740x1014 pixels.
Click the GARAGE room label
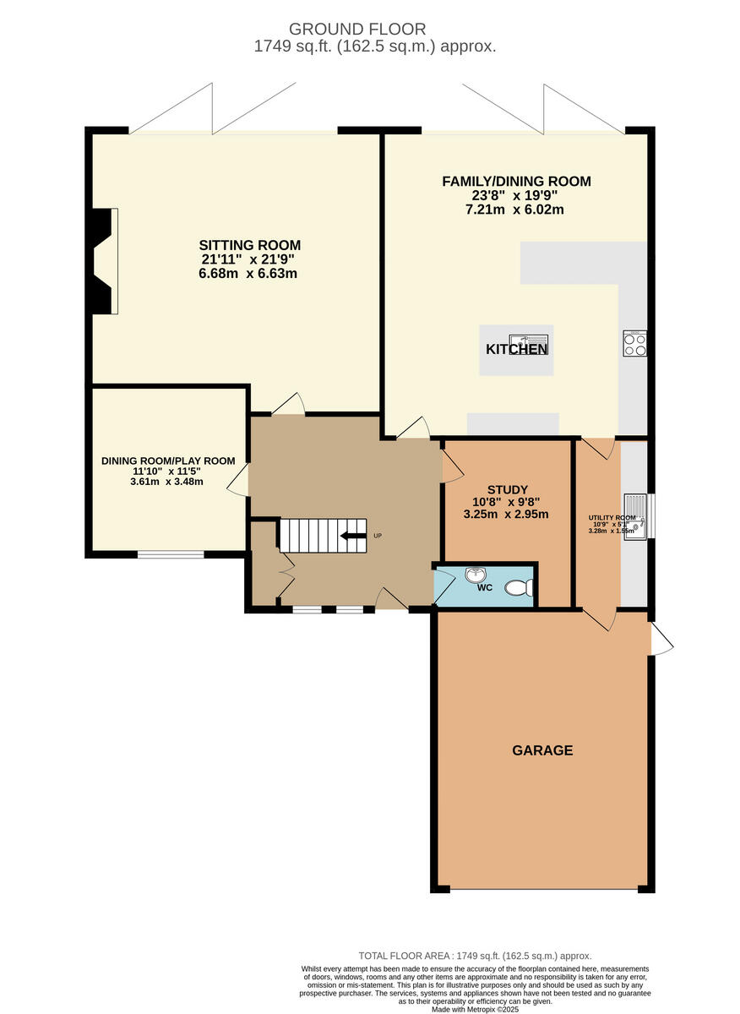541,750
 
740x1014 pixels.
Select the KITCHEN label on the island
516,349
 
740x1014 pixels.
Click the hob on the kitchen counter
634,343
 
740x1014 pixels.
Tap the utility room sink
635,516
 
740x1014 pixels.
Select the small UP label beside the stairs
378,536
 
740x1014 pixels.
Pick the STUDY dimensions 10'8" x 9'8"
508,502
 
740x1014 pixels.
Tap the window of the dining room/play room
171,555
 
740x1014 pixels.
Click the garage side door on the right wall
660,639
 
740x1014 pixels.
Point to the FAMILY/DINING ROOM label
516,181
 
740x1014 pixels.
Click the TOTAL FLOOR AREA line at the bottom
475,955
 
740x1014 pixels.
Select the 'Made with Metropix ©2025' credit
476,1009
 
